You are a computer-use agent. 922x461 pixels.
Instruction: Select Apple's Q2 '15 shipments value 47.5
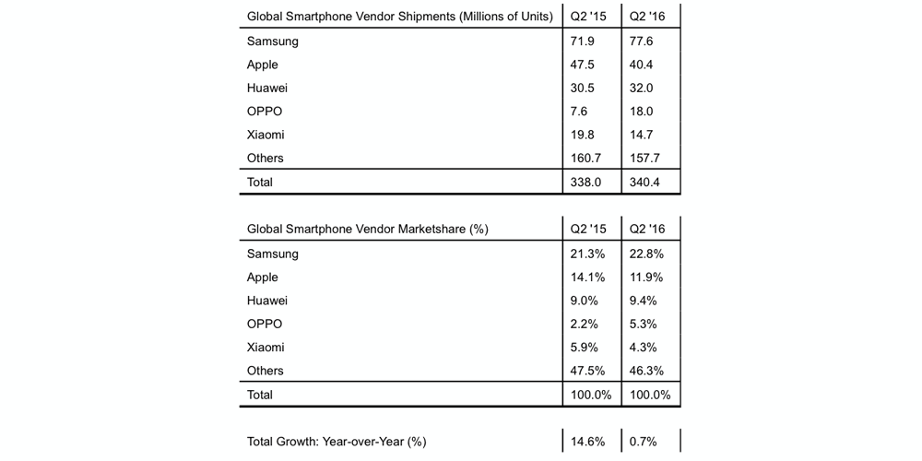tap(584, 65)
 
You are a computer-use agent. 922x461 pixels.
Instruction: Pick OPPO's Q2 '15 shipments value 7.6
tap(580, 112)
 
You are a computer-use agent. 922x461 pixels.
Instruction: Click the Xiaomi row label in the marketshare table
tap(266, 348)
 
